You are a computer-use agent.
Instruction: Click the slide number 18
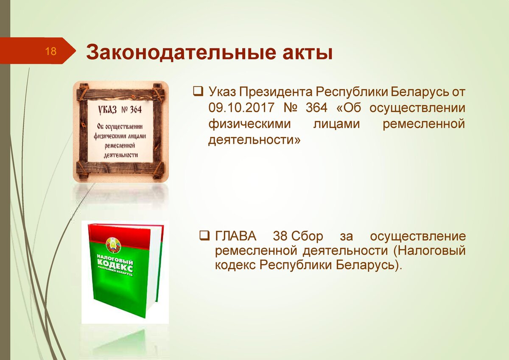point(50,51)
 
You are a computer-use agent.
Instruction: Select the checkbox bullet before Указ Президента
point(198,92)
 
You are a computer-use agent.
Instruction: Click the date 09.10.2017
point(241,107)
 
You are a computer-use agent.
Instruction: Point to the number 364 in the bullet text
point(316,107)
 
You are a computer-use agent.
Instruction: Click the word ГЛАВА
point(236,236)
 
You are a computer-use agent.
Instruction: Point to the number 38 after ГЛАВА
point(280,236)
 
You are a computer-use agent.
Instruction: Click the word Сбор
point(307,236)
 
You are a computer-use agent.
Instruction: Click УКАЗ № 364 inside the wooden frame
point(120,110)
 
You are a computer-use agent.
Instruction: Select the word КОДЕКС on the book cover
point(115,265)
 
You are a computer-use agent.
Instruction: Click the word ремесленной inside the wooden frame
point(120,145)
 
